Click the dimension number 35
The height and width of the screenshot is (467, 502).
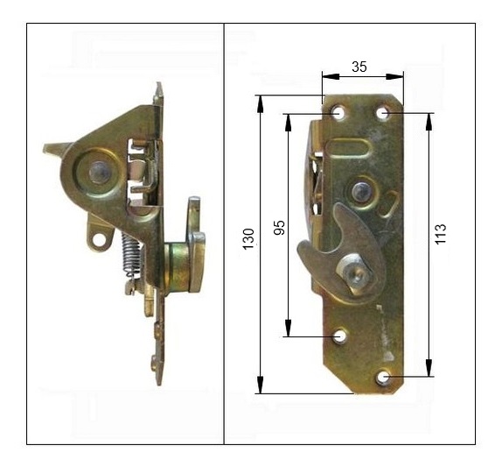(x=359, y=67)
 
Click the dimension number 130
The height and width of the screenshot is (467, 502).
(x=248, y=239)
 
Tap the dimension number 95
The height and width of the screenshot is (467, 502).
(x=279, y=228)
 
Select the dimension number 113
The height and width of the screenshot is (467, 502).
(x=440, y=234)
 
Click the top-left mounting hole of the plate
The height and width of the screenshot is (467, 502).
(x=337, y=113)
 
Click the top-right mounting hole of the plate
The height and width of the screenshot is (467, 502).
(x=382, y=113)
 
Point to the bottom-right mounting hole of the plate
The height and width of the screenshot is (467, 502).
(x=382, y=377)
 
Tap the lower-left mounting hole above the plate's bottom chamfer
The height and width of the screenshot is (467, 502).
(x=339, y=336)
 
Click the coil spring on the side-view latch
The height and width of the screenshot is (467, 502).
(x=131, y=255)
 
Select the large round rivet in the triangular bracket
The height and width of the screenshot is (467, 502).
(x=99, y=173)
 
